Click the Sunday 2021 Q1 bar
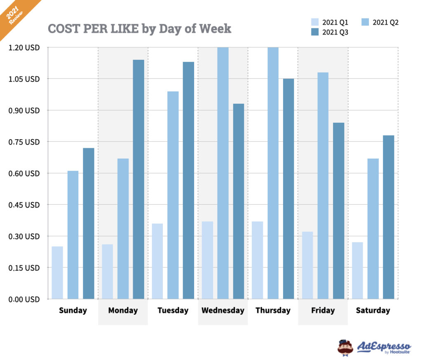tap(57, 273)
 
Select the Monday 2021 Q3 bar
tap(138, 179)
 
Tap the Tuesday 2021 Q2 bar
tap(173, 195)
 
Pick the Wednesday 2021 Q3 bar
tap(239, 201)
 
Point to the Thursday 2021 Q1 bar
tap(257, 260)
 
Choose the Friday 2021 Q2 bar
tap(323, 185)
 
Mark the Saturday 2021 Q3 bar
tap(388, 217)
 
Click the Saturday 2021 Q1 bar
tap(357, 270)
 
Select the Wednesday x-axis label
tap(223, 311)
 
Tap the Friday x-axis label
tap(323, 311)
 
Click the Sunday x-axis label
tap(73, 311)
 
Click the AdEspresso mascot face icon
tap(345, 347)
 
